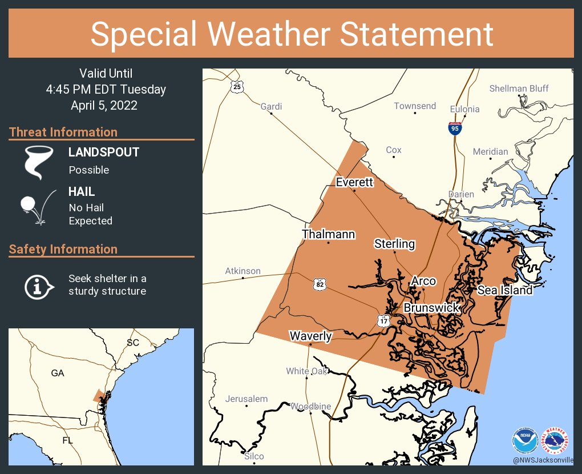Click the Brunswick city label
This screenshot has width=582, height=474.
click(432, 308)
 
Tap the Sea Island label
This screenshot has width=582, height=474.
click(505, 290)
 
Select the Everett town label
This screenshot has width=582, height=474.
click(354, 182)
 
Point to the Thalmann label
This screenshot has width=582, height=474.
click(329, 234)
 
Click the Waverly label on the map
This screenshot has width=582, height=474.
click(310, 336)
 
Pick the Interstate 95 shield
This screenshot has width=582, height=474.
click(454, 128)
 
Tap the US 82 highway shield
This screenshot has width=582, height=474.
click(319, 283)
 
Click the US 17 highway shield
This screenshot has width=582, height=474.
click(383, 320)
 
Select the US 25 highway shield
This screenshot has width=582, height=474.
click(237, 87)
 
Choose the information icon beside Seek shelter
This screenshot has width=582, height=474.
click(38, 286)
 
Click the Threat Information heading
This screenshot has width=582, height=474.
click(63, 132)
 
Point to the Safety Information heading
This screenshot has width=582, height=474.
click(63, 249)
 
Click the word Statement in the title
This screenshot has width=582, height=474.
click(417, 34)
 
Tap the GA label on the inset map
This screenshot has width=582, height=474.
click(58, 373)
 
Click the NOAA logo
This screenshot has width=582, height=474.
click(525, 440)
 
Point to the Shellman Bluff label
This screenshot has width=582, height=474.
click(519, 88)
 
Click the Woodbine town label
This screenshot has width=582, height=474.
click(310, 406)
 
